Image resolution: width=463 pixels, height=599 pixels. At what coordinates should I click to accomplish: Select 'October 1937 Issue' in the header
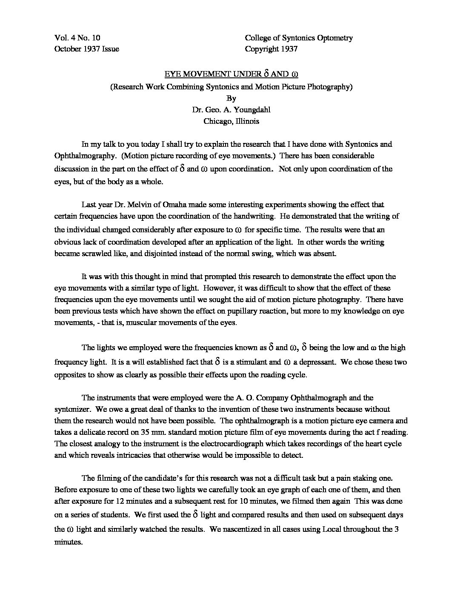[87, 48]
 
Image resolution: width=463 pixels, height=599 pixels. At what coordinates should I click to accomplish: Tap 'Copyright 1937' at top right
[271, 48]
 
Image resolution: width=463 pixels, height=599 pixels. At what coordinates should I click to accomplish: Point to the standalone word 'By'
[231, 98]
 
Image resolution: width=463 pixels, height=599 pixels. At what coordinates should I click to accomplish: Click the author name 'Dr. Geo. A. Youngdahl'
[231, 110]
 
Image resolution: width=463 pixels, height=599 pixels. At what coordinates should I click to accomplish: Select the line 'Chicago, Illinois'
[231, 121]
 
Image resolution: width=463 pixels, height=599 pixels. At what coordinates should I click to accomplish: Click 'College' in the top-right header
[258, 38]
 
